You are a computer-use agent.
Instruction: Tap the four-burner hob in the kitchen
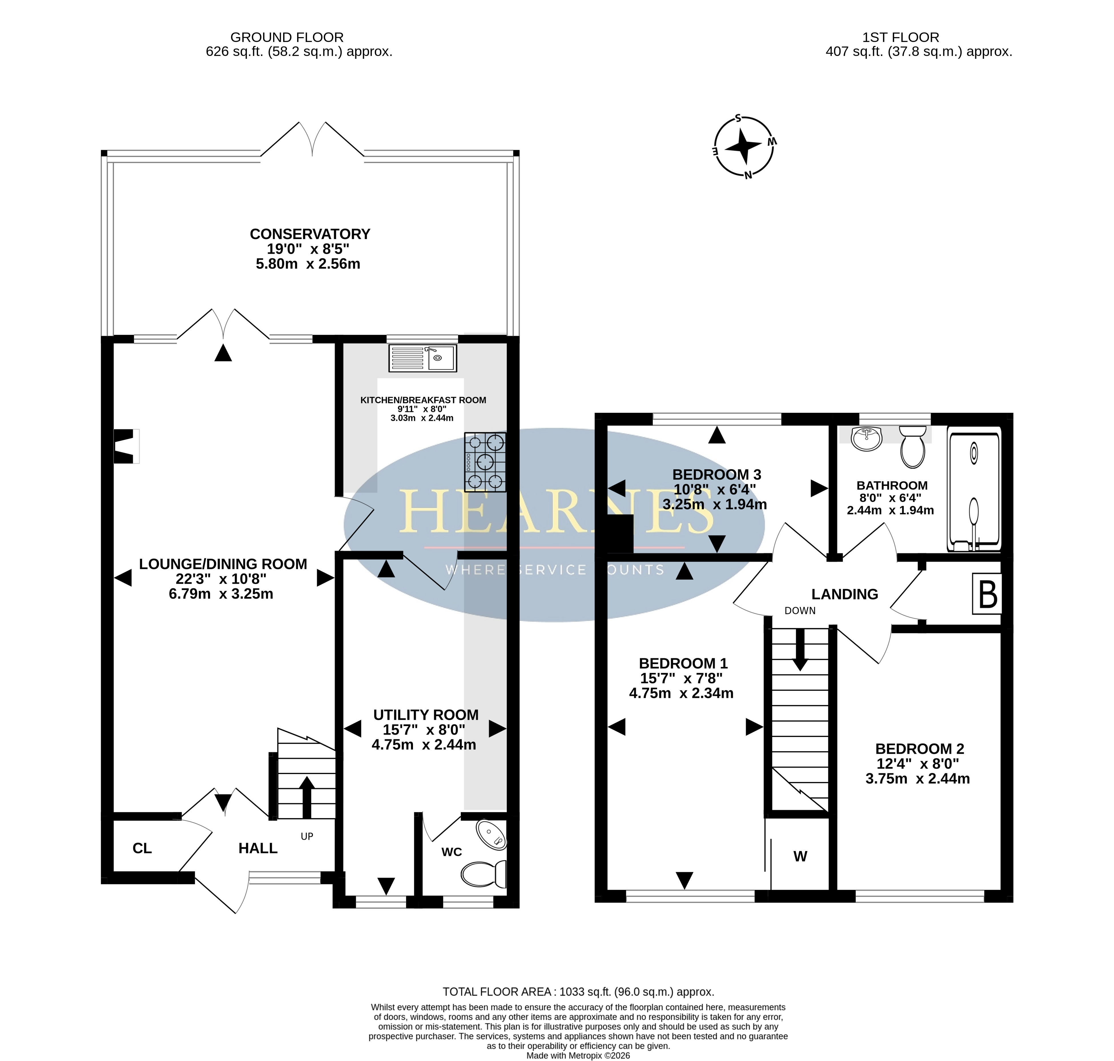(485, 462)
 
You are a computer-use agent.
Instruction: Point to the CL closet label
(142, 848)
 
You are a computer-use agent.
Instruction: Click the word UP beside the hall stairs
(307, 836)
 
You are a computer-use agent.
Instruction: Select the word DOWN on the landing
(800, 611)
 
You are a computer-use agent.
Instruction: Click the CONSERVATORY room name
(310, 234)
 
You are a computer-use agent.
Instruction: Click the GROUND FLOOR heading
(287, 37)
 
